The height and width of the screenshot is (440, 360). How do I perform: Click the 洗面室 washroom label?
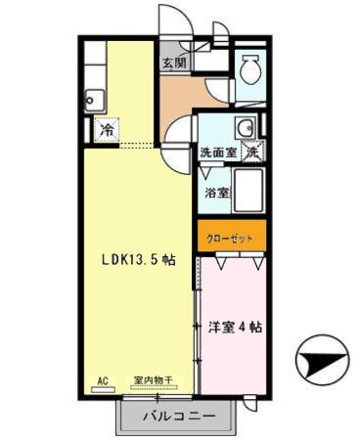[x=217, y=153]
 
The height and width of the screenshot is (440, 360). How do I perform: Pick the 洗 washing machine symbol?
[x=252, y=152]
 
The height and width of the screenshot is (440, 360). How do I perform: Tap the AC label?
[x=102, y=379]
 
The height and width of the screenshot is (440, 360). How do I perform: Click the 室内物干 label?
[x=153, y=379]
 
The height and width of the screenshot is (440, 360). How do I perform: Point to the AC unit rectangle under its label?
[x=102, y=389]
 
